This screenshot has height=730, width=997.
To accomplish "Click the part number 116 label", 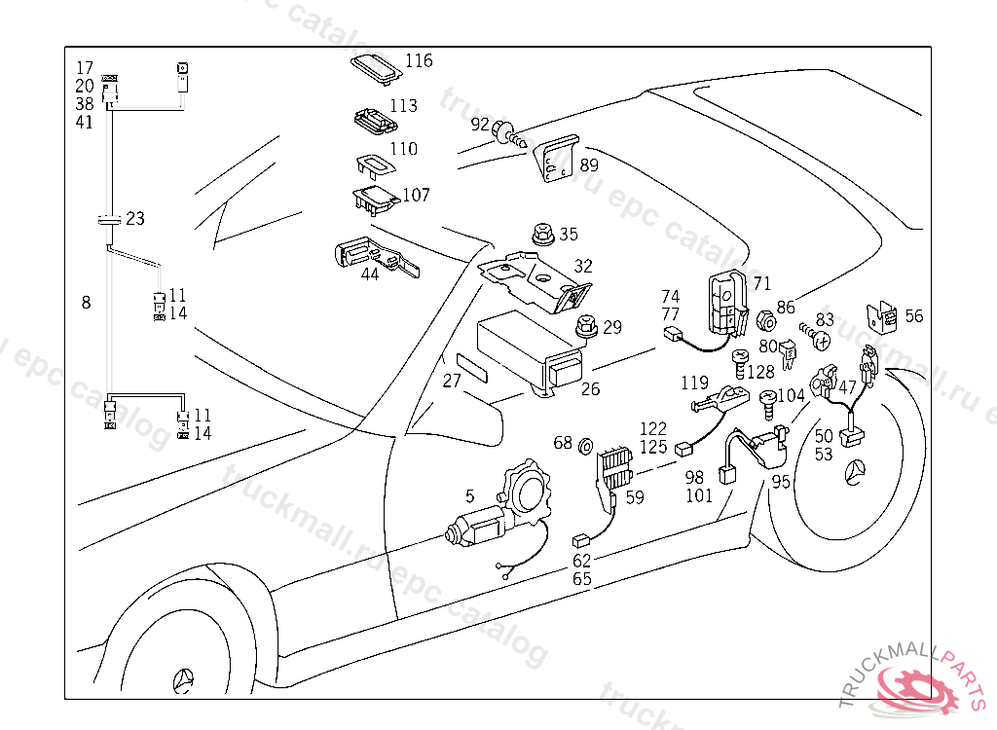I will click(419, 61).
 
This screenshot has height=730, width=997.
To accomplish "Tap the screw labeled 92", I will click(504, 129).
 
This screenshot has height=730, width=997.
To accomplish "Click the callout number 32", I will click(582, 266).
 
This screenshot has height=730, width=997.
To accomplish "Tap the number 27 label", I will click(452, 382).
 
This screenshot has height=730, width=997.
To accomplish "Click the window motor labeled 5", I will click(497, 511).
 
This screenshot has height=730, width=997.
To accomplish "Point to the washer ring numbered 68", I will click(587, 447).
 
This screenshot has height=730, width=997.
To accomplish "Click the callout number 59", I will click(635, 498).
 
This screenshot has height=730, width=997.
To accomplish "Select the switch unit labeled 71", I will click(725, 302).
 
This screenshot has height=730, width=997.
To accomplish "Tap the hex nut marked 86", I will click(766, 320).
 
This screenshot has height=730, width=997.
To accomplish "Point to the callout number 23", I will click(135, 219).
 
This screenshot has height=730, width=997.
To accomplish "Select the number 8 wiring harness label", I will click(86, 303).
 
